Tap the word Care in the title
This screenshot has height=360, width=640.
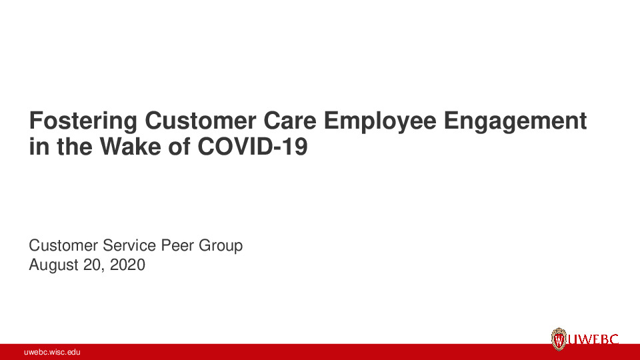pyautogui.click(x=297, y=122)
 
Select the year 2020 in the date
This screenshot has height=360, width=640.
pyautogui.click(x=127, y=265)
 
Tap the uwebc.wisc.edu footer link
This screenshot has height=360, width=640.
pyautogui.click(x=52, y=352)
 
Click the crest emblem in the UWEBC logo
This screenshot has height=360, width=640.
pyautogui.click(x=558, y=339)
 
